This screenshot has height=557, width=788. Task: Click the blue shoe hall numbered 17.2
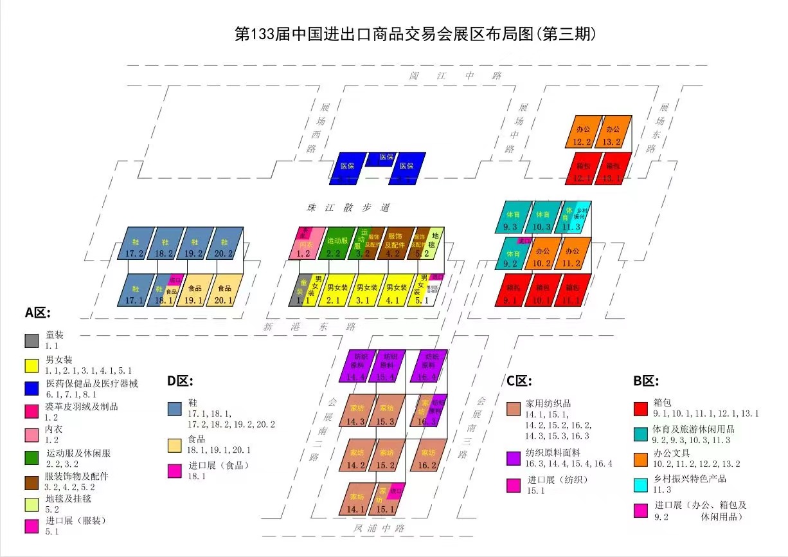136,243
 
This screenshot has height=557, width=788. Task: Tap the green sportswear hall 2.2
336,244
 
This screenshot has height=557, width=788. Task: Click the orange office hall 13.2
613,132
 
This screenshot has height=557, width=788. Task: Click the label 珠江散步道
348,208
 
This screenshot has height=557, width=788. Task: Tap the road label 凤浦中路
379,528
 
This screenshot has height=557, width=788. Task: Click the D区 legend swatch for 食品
174,444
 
